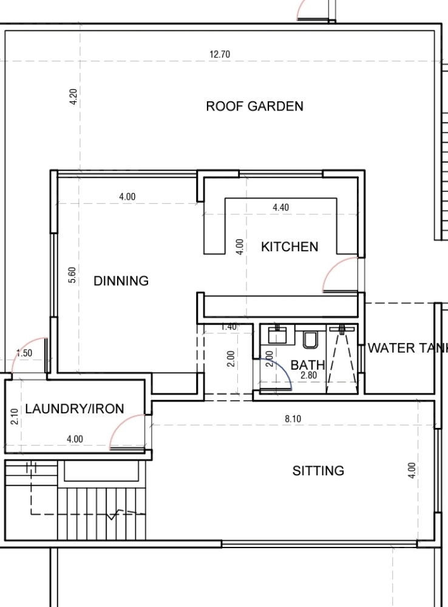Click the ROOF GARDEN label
[x=254, y=106]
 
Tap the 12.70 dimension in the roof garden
[x=220, y=54]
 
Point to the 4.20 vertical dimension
[x=73, y=97]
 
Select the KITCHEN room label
[x=290, y=246]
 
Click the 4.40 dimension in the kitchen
[x=280, y=208]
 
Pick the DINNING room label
[x=121, y=280]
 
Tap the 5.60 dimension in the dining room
[x=72, y=275]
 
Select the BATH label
[x=307, y=365]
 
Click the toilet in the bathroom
[x=310, y=339]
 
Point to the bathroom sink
[x=277, y=334]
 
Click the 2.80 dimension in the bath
[x=308, y=375]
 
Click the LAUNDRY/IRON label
[x=75, y=409]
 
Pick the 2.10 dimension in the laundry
[x=15, y=417]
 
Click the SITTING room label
[x=318, y=471]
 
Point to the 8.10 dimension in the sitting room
[x=293, y=419]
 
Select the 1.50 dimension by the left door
[x=24, y=353]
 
